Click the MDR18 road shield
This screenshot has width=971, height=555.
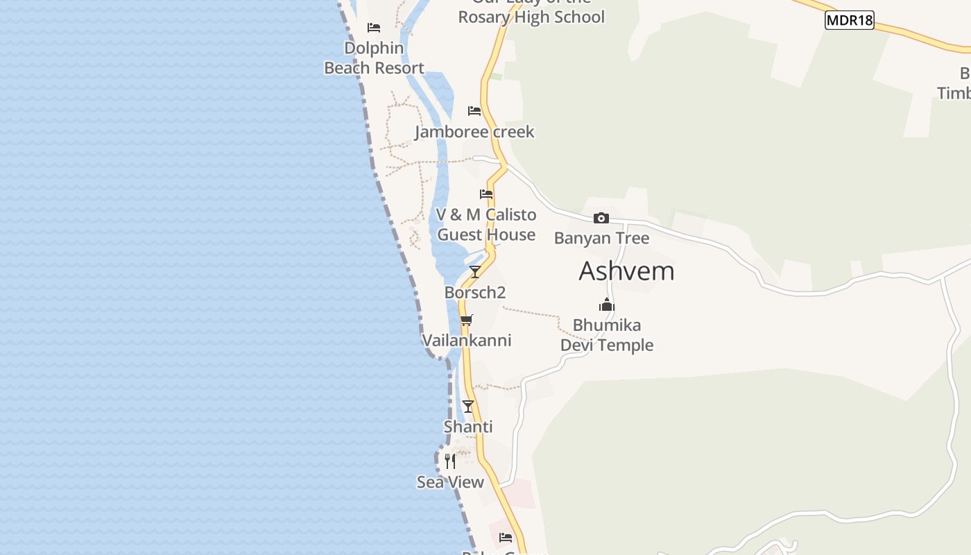849,20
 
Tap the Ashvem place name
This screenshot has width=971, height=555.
626,271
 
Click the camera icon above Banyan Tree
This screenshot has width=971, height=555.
601,219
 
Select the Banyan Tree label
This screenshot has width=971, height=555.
601,238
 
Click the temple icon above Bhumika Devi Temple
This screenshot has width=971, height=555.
607,305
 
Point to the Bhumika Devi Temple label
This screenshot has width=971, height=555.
607,335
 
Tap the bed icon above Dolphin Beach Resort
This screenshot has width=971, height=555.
374,28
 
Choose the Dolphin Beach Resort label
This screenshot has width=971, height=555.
374,58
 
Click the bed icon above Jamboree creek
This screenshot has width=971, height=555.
474,110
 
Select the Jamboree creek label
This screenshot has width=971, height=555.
474,132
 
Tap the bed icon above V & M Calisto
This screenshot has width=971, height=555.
486,194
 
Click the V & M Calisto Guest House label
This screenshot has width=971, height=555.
486,225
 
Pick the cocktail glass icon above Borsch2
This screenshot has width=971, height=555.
475,271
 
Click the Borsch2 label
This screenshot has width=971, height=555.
475,293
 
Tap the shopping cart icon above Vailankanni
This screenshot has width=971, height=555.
467,320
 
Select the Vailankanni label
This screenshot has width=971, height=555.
467,341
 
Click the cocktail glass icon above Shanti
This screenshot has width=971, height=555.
468,406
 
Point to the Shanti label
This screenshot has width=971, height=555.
468,427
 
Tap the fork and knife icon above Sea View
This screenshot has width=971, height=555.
450,461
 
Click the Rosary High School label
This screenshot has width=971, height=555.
531,17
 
